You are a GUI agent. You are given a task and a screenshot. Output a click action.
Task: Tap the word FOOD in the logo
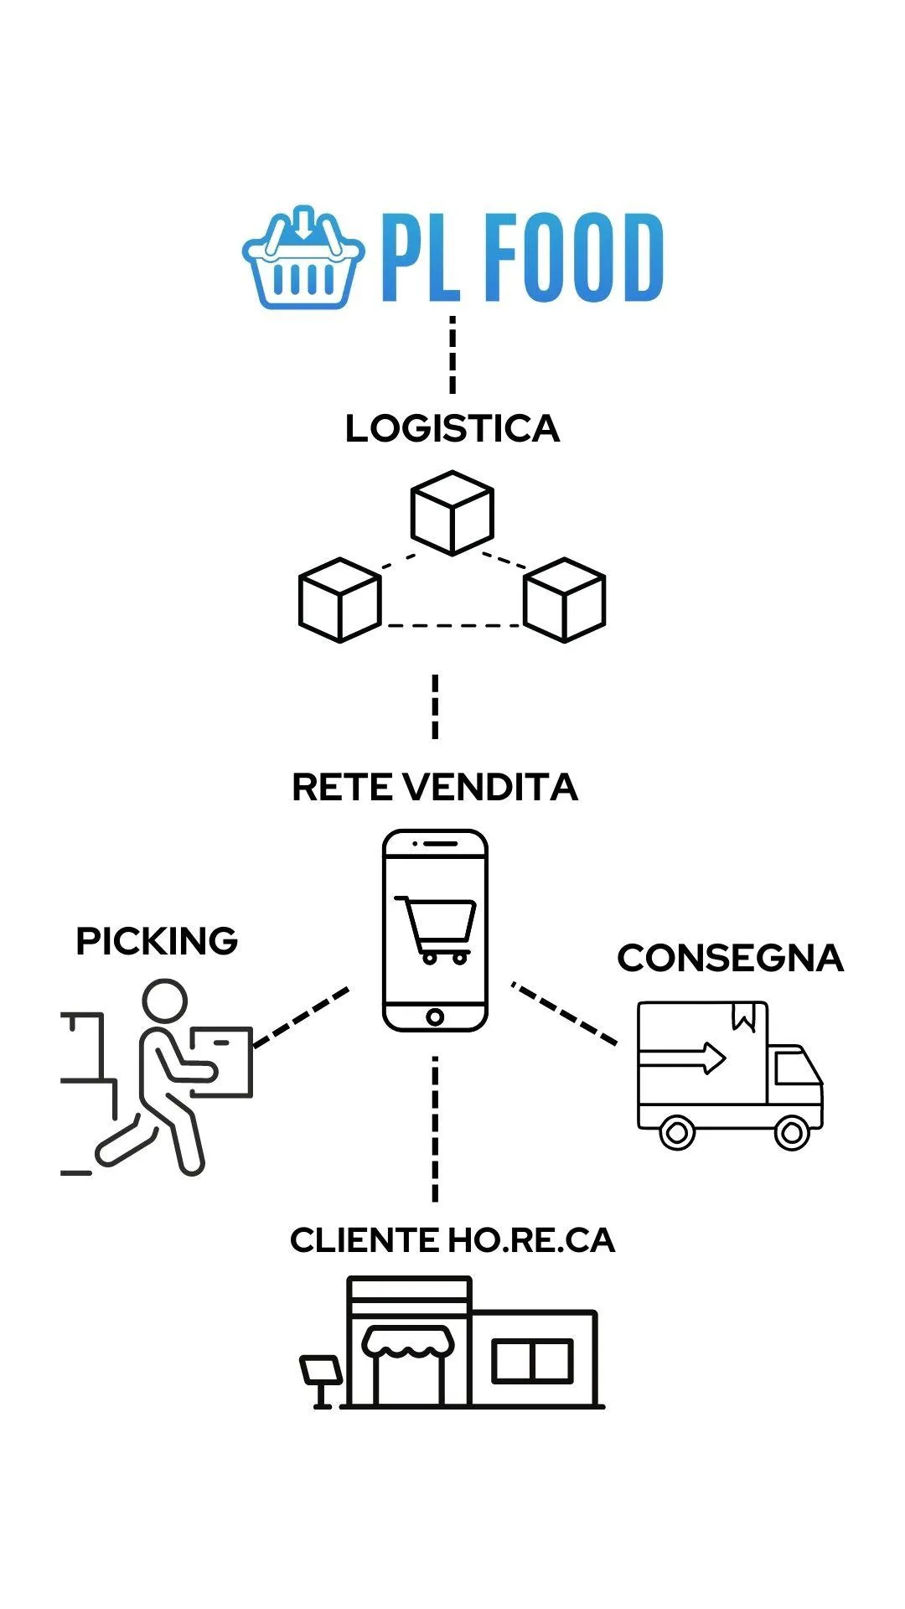tap(574, 257)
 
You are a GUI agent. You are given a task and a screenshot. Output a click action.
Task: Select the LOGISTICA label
tap(452, 428)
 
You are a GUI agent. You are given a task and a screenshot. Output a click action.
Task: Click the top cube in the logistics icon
tap(452, 513)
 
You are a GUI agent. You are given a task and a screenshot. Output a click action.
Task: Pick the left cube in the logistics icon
tap(340, 600)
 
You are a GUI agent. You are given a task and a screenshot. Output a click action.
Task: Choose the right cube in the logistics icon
tap(564, 600)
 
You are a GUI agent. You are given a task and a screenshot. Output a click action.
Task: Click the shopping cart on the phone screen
tap(435, 929)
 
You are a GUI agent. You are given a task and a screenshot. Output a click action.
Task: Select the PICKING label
tap(157, 941)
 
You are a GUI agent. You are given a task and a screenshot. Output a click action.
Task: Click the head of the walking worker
tap(164, 1001)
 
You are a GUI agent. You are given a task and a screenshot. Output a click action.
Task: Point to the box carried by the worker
tap(221, 1062)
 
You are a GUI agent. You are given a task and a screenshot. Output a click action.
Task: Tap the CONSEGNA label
tap(730, 959)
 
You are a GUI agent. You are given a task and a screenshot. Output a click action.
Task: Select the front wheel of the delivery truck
tap(791, 1133)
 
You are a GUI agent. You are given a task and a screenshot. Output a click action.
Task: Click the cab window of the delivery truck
tap(795, 1068)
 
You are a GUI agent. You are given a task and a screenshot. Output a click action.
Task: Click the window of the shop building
tap(532, 1361)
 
